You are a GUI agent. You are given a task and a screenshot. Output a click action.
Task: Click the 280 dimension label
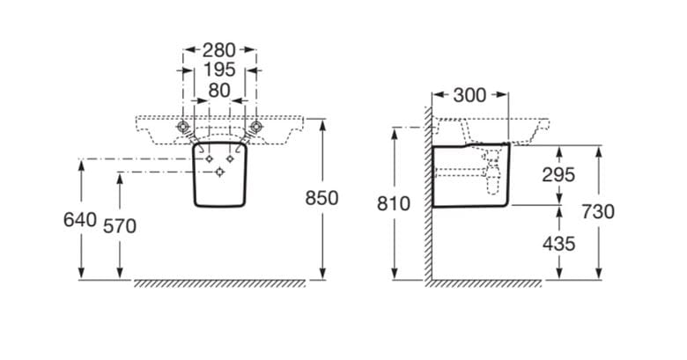pos(218,50)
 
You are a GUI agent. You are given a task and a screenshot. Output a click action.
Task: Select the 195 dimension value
pos(219,70)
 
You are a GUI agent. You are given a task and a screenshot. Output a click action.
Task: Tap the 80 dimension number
pos(219,91)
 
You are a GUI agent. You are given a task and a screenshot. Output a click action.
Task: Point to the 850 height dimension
pos(321,198)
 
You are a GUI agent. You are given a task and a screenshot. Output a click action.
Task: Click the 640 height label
pos(80,220)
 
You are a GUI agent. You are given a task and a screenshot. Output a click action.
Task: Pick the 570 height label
pos(120,226)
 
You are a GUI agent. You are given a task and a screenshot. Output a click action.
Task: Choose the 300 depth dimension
pos(469,95)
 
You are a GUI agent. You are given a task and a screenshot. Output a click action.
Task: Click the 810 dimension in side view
pos(394,203)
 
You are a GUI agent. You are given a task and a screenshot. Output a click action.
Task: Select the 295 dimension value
pos(558,175)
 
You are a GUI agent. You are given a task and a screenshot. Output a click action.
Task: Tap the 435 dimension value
pos(558,244)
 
